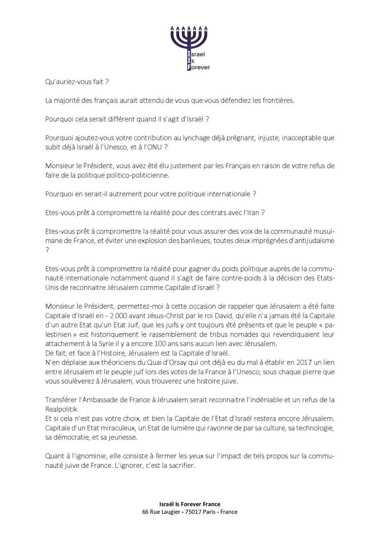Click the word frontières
(x=278, y=100)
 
